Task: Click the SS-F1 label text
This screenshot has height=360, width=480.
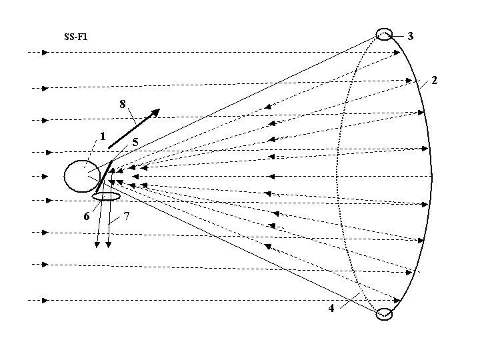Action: tap(76, 37)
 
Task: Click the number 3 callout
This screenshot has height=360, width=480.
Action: tap(411, 36)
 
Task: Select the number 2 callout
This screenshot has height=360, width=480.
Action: tap(434, 81)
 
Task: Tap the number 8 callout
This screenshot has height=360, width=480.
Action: tap(123, 104)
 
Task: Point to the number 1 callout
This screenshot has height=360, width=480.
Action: tap(103, 137)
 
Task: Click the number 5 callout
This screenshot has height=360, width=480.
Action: tap(135, 143)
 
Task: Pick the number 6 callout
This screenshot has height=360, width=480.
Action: tap(87, 217)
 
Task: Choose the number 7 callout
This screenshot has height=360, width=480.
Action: tap(127, 216)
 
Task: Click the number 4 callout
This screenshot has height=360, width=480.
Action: tap(331, 308)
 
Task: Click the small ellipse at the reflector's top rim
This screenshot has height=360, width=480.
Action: tap(384, 29)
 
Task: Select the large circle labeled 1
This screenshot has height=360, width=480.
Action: tap(64, 176)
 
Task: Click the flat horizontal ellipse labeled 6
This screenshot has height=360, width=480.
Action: tap(106, 193)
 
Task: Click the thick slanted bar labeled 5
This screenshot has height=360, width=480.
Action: tap(104, 177)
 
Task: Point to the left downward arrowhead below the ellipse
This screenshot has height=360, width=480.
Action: tap(97, 244)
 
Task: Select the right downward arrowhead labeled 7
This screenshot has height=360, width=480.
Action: tap(109, 244)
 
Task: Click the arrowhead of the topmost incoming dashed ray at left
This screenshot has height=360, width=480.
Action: tap(45, 53)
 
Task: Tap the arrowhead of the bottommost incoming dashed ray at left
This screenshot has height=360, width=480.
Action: tap(45, 300)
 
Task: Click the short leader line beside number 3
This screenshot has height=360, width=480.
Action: tap(397, 37)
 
